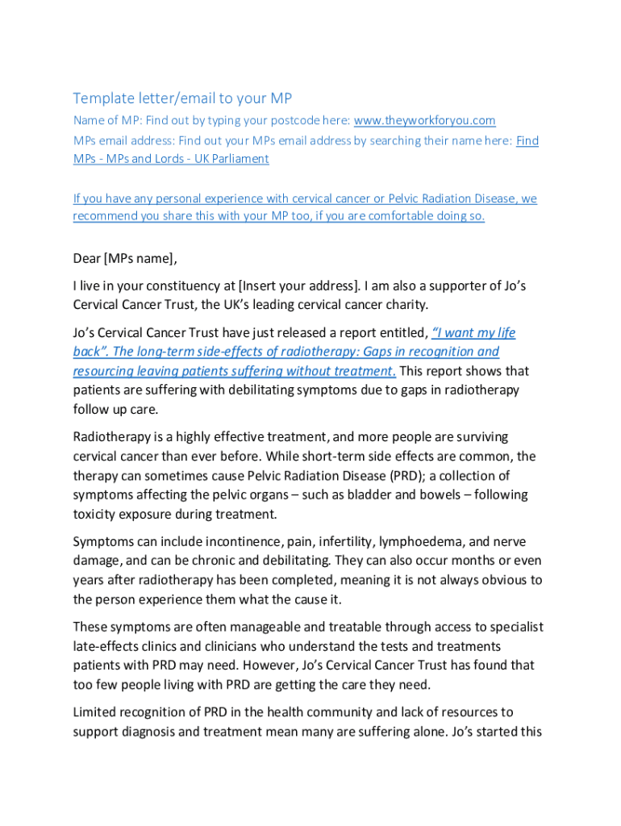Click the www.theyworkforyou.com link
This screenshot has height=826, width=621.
[424, 121]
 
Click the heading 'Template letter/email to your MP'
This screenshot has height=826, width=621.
[182, 98]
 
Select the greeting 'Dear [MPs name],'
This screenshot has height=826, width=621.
[124, 259]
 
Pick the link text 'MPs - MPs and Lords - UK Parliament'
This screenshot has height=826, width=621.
[171, 159]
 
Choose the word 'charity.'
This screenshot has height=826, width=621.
[403, 305]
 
